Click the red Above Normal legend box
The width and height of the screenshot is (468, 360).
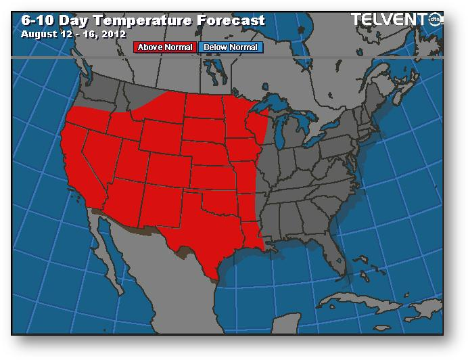166,47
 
